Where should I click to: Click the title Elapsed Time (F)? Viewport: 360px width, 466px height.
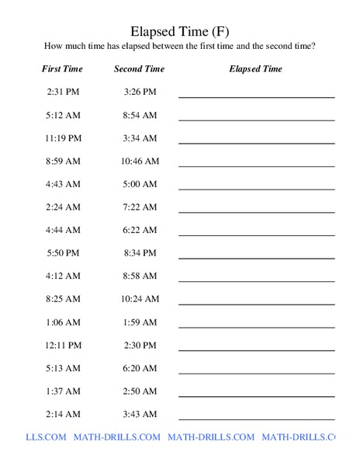[179, 32]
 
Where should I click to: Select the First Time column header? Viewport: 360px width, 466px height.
[62, 69]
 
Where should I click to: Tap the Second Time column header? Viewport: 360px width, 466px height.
[140, 69]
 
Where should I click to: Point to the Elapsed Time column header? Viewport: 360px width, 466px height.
[256, 69]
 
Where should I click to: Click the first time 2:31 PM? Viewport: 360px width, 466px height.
[62, 92]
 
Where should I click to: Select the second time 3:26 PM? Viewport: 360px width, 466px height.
[140, 92]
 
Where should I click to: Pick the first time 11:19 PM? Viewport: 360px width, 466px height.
[62, 138]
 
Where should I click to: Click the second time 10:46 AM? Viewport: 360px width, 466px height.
[140, 162]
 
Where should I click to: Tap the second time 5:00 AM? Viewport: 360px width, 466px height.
[140, 184]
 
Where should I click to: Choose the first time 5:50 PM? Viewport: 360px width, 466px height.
[62, 253]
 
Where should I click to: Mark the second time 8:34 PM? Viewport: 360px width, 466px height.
[140, 253]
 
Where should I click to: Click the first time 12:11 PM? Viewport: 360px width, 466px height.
[62, 345]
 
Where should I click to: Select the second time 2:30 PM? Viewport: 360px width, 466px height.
[140, 345]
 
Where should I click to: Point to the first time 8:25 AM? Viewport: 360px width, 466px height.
[62, 299]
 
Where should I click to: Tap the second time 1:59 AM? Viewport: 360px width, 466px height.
[140, 322]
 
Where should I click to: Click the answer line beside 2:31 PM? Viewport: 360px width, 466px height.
[256, 96]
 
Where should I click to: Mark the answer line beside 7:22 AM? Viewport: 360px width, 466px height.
[256, 211]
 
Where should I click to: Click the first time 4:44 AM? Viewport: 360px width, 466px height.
[62, 231]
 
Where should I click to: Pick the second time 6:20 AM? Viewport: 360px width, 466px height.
[140, 368]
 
